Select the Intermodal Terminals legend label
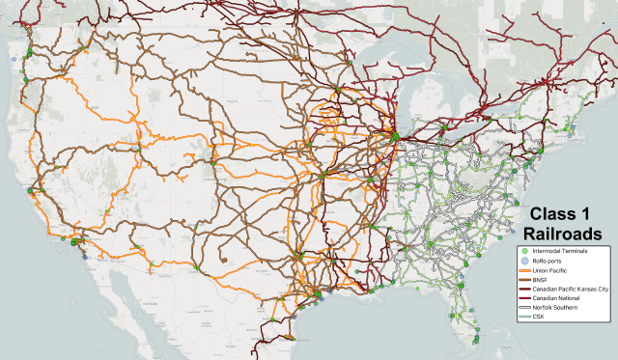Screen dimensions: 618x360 (559, 251)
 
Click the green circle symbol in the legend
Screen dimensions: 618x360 (524, 251)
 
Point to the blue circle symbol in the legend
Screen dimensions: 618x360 (524, 263)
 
